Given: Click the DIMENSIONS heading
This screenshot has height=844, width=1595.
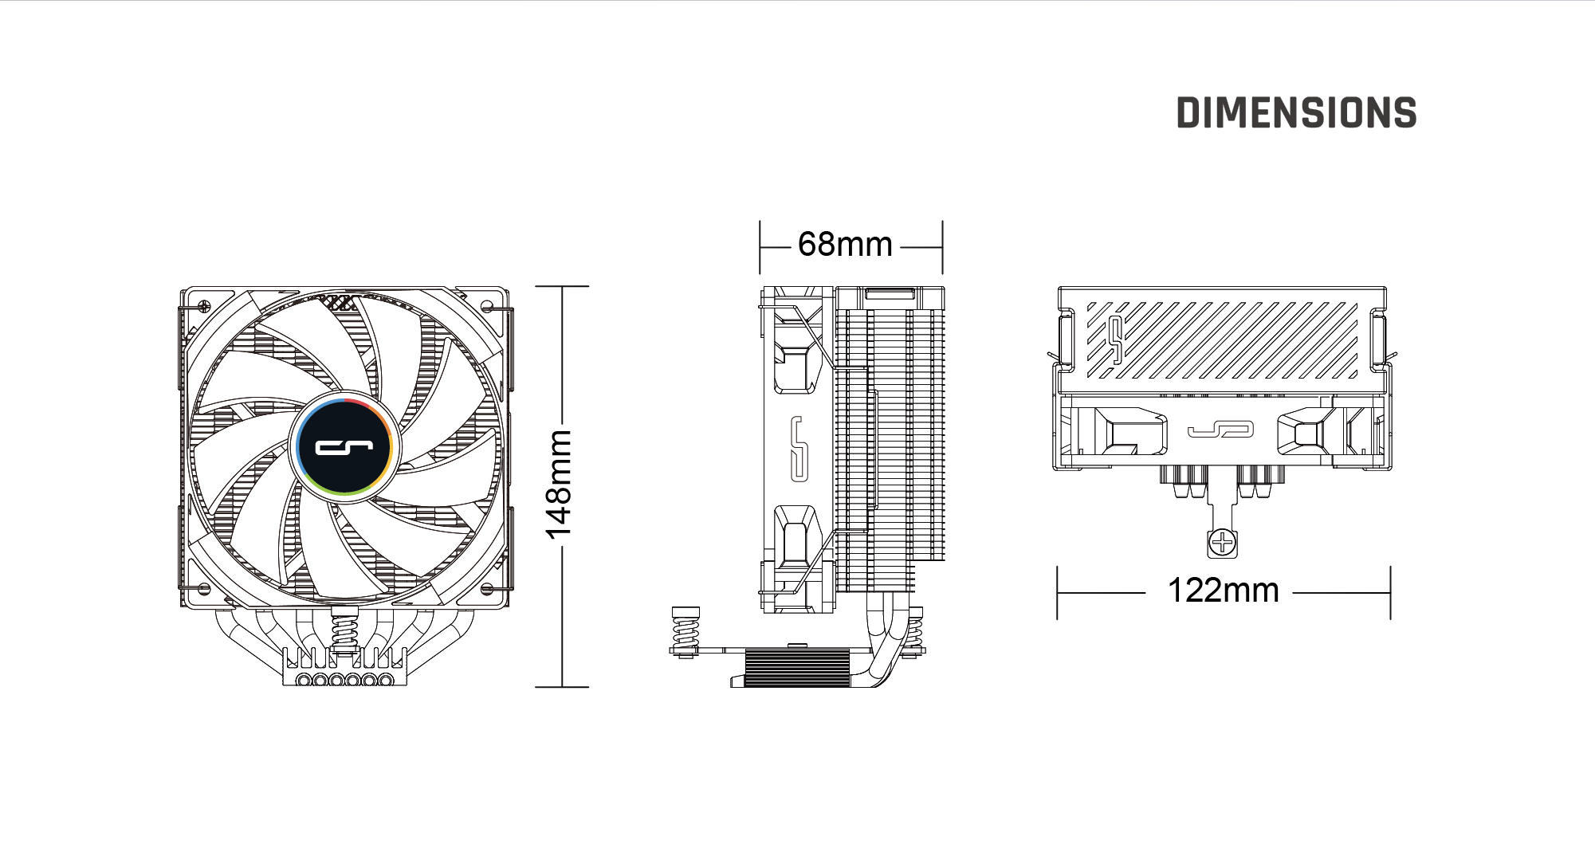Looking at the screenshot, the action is point(1297,113).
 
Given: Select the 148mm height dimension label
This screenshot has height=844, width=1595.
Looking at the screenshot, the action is point(559,484).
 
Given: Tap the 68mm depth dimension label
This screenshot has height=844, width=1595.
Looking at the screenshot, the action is point(845,244).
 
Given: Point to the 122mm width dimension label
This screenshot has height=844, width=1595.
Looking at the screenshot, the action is point(1223,591).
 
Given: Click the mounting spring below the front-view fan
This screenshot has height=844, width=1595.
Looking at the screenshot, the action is point(344,630).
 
